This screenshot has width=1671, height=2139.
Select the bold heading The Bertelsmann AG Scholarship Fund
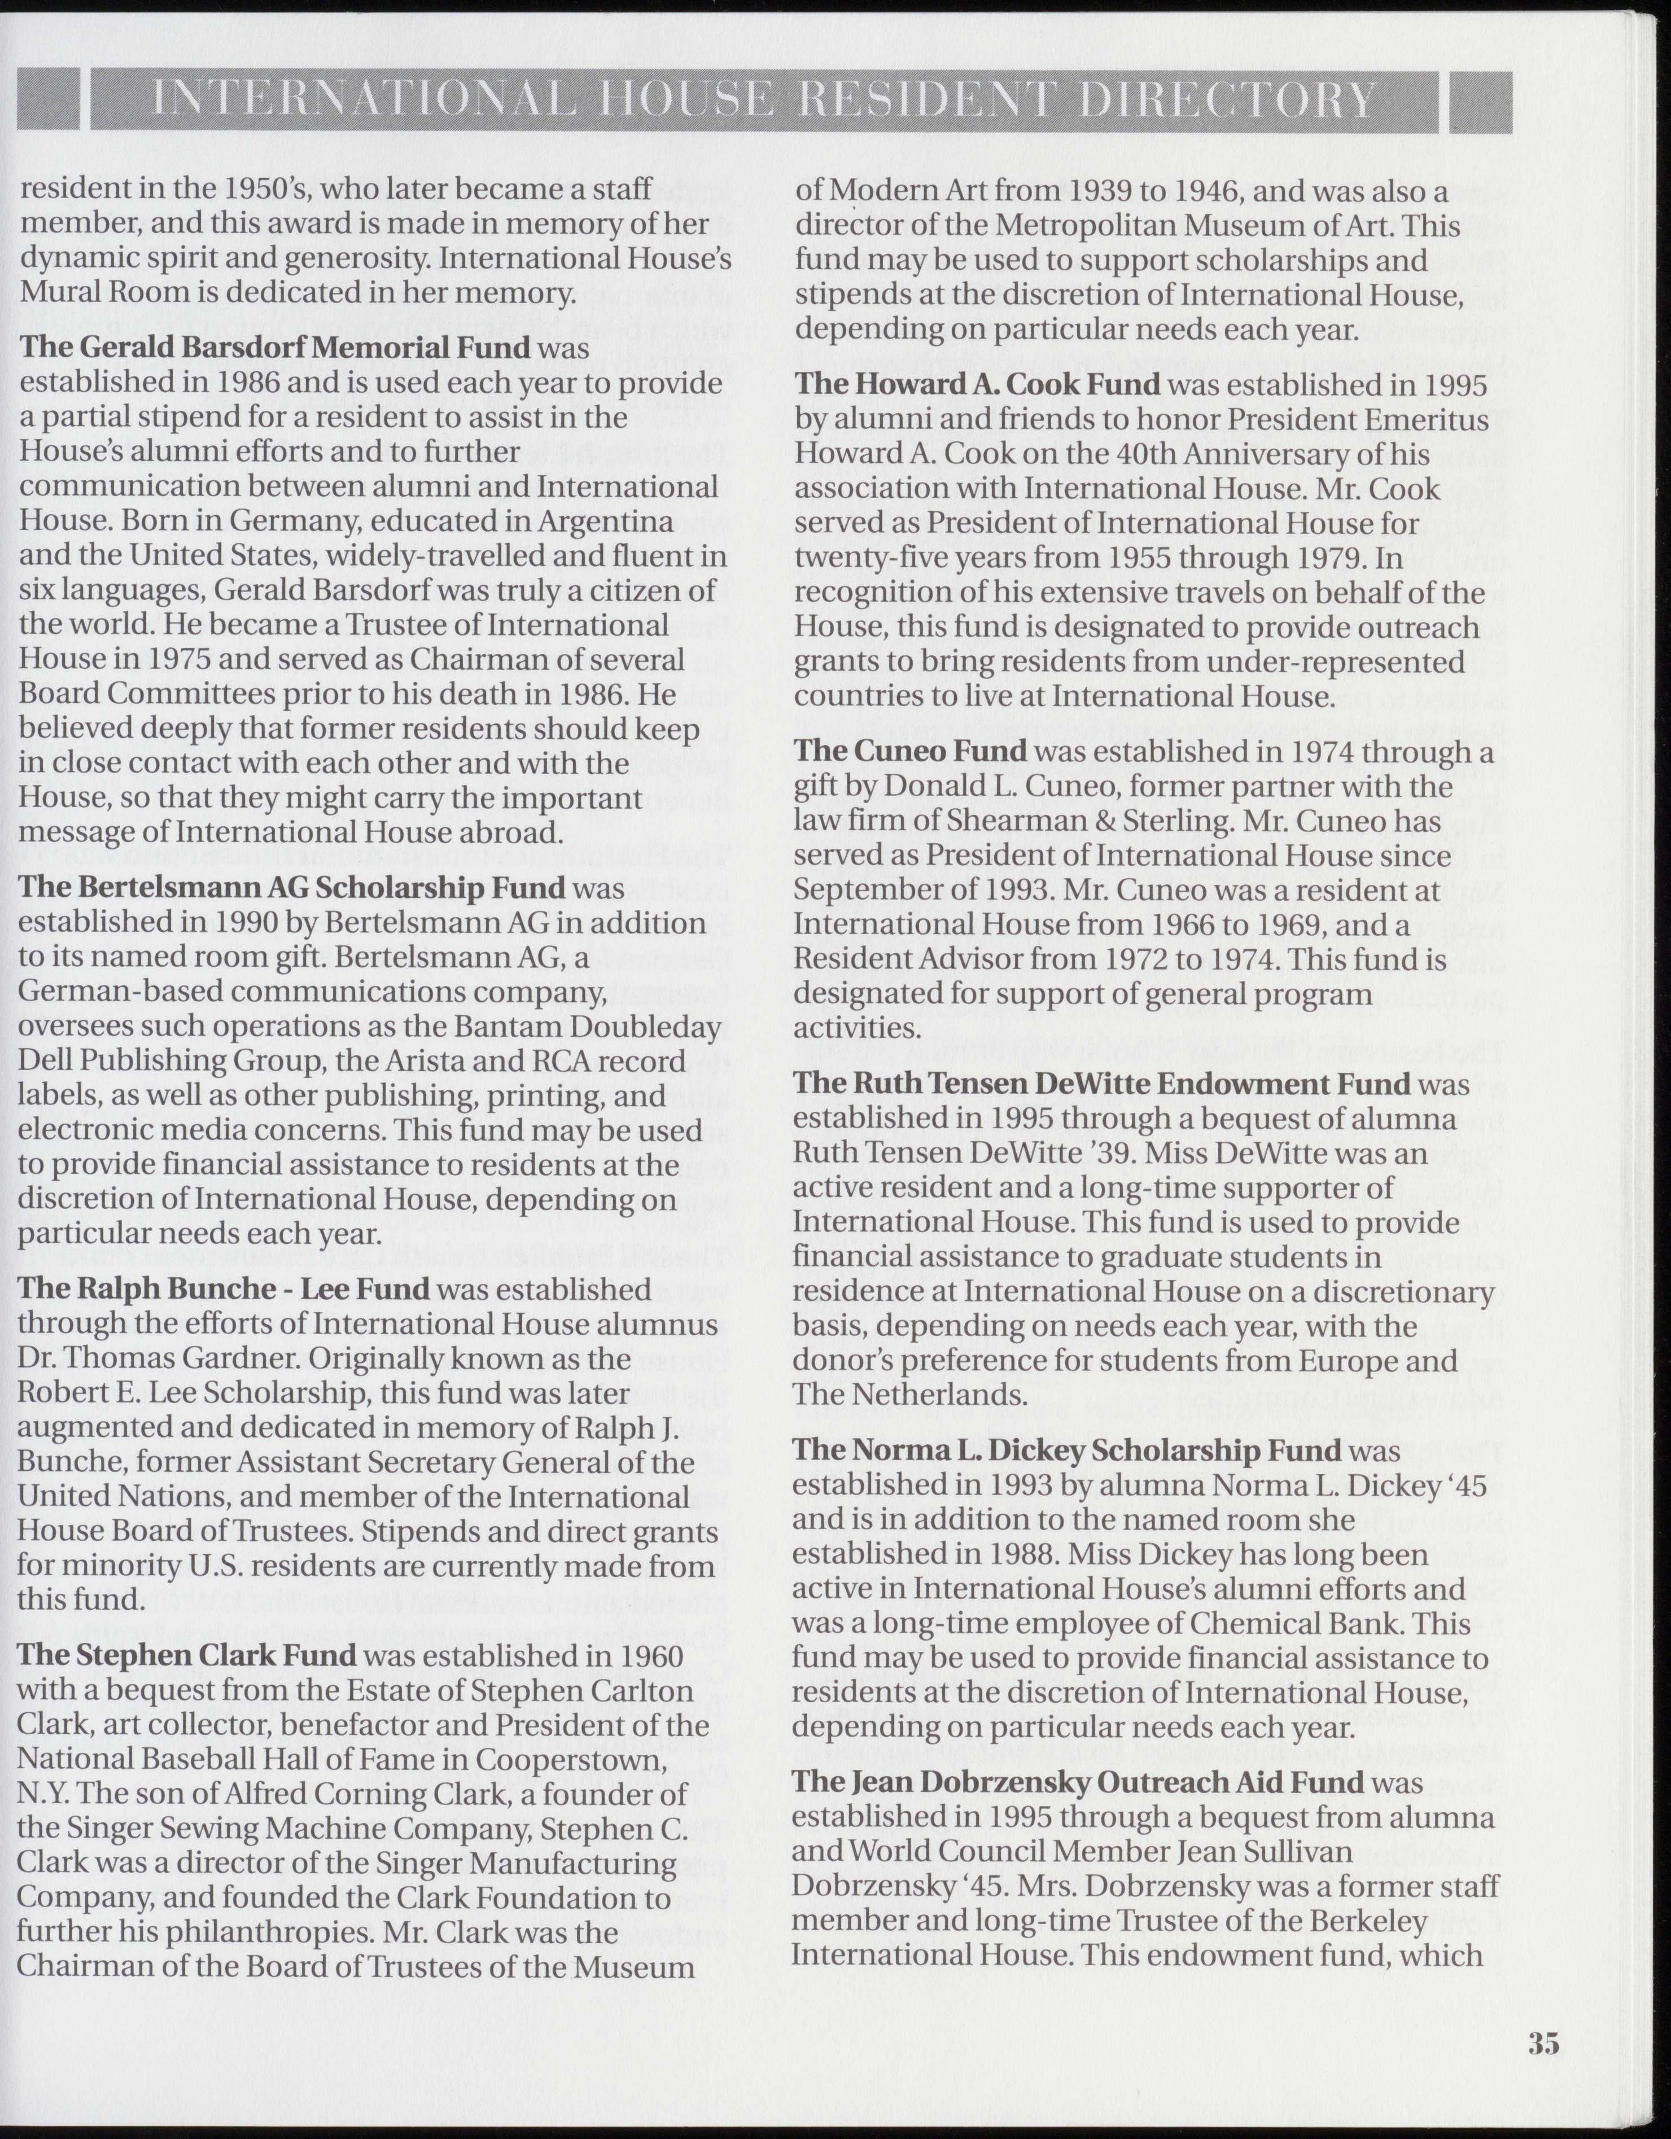[292, 888]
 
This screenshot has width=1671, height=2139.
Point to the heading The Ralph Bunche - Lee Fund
[224, 1289]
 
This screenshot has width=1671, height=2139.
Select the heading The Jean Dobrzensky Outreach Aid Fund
[1078, 1782]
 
